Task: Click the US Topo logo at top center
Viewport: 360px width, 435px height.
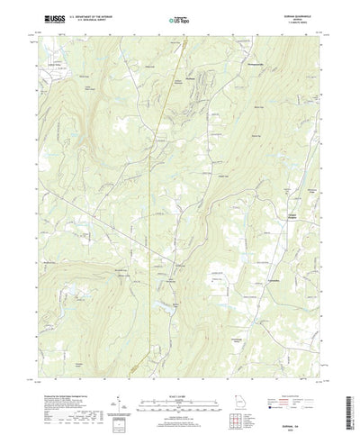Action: (179, 18)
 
